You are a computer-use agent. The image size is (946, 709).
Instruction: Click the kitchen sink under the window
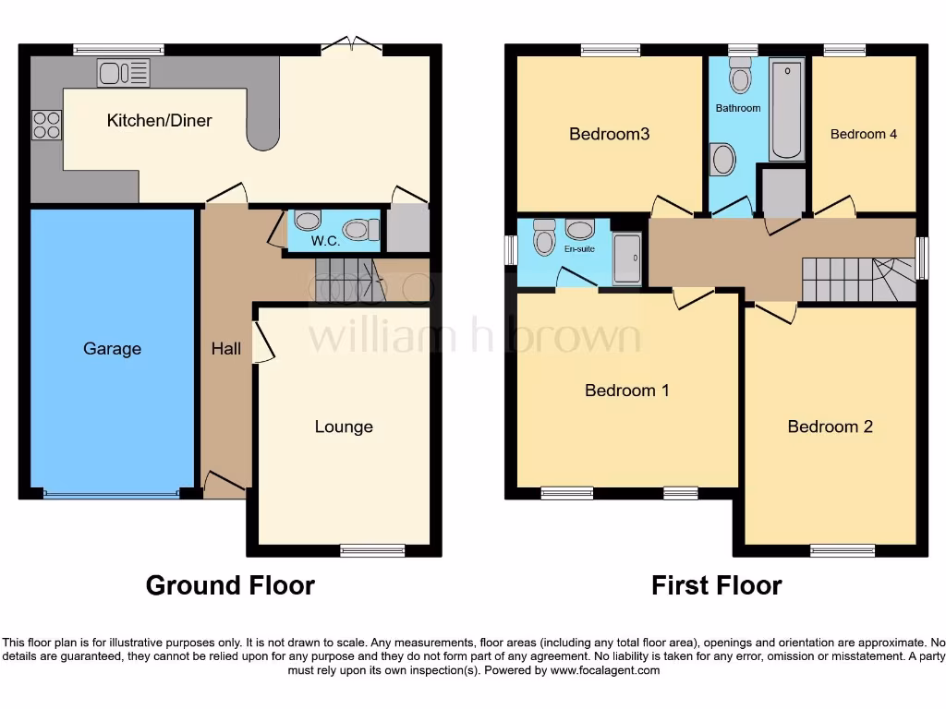[123, 72]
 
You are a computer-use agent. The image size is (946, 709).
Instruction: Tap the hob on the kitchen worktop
[46, 125]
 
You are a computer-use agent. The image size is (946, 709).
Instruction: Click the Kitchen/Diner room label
[159, 121]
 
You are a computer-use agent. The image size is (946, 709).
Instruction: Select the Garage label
[112, 349]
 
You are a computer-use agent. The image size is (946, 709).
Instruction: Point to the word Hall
[226, 349]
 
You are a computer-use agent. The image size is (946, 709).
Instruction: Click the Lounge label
[344, 427]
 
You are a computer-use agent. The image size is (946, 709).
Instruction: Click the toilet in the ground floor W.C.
[358, 228]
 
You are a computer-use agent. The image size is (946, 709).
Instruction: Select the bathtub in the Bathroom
[786, 109]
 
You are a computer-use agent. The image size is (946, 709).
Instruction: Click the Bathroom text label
[738, 108]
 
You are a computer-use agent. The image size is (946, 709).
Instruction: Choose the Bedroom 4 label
[863, 134]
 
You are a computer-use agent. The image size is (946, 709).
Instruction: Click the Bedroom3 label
[609, 134]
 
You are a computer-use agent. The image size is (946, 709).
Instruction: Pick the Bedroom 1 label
[626, 391]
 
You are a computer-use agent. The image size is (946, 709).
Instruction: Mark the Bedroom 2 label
[830, 427]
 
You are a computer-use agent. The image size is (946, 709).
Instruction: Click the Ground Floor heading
[230, 585]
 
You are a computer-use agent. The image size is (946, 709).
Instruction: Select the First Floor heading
[716, 585]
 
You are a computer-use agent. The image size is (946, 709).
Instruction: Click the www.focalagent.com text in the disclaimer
[605, 670]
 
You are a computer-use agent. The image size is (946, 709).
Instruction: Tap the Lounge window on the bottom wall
[372, 551]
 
